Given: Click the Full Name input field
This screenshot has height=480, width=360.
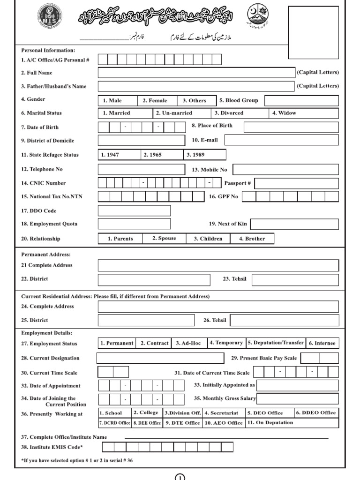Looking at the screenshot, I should coord(196,73).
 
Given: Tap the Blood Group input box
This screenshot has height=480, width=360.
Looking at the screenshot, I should coord(301,101).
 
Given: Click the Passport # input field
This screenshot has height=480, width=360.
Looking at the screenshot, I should coord(296,183).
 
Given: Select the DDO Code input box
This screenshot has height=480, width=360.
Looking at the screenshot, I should coord(134,211).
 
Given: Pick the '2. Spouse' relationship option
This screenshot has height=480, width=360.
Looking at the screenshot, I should coord(164,239).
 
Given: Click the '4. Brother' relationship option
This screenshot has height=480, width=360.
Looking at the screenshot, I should coord(253,239).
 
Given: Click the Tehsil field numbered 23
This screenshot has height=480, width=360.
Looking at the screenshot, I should coord(295,280).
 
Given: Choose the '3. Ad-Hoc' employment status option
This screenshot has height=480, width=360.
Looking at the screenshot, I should coord(188,343).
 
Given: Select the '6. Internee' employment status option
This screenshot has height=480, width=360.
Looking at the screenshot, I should coord(322,343).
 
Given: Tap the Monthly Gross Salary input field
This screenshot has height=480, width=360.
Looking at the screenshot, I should coord(298,398).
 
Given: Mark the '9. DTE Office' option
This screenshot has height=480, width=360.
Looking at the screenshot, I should coord(182,423).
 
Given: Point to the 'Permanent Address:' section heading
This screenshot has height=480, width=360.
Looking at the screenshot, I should coord(46,255).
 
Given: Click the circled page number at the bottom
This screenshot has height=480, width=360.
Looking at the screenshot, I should coord(180,477).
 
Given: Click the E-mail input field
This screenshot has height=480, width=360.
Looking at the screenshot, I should coord(281,140).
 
